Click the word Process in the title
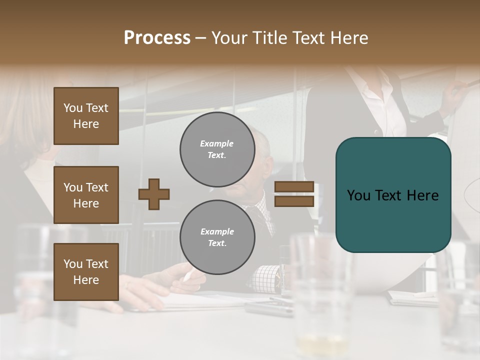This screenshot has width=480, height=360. [x=157, y=38]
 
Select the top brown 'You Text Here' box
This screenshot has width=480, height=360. [x=86, y=116]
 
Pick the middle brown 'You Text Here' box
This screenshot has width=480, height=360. [x=86, y=195]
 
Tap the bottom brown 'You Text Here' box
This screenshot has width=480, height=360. [x=86, y=272]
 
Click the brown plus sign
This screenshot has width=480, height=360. [x=154, y=194]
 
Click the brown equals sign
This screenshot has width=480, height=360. [x=294, y=194]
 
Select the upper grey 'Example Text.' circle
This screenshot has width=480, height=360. [x=217, y=149]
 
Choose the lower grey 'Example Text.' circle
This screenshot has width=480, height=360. [x=217, y=237]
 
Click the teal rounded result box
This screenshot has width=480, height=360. [x=393, y=195]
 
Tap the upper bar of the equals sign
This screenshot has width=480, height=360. [x=294, y=187]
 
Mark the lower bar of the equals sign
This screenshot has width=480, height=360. [x=294, y=201]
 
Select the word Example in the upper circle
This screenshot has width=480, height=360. [x=217, y=143]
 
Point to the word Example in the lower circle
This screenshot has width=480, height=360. [x=217, y=231]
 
